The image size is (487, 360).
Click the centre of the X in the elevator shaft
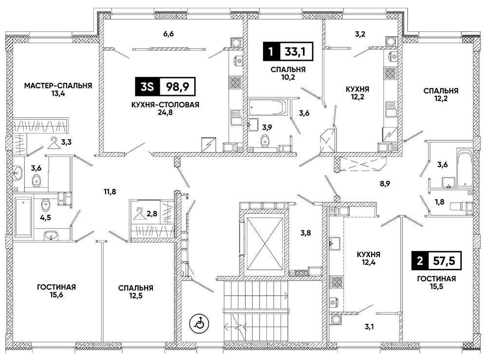click(x=264, y=242)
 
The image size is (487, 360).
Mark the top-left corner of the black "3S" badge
click(x=135, y=77)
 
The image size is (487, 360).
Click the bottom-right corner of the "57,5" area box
click(x=461, y=269)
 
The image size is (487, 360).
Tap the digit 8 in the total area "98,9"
click(x=178, y=87)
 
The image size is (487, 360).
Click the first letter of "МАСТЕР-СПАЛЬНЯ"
click(x=27, y=85)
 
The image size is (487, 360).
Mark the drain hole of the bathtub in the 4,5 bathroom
click(x=23, y=202)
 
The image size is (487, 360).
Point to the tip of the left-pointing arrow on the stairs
click(x=224, y=326)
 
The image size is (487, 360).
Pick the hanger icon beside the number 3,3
click(x=54, y=143)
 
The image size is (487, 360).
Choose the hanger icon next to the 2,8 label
click(x=139, y=214)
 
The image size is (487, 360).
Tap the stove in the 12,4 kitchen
click(x=336, y=282)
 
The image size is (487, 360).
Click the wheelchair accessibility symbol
click(x=199, y=323)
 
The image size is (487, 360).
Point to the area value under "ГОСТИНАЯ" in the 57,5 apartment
click(x=436, y=286)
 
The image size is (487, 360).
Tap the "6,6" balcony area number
click(x=169, y=34)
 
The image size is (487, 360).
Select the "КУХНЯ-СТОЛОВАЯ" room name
click(x=165, y=105)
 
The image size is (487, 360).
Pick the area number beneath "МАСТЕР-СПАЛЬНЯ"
click(x=58, y=93)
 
